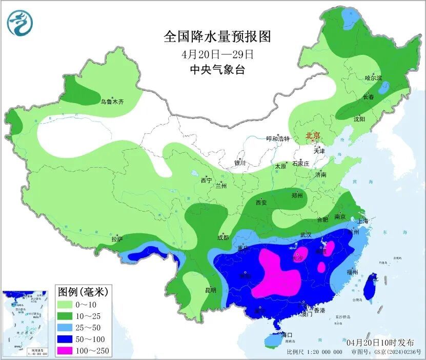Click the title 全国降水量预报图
pyautogui.click(x=217, y=37)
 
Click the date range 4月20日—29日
pyautogui.click(x=217, y=54)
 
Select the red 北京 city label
pyautogui.click(x=313, y=135)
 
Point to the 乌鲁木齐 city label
pyautogui.click(x=112, y=102)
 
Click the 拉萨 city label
pyautogui.click(x=117, y=239)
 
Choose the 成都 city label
pyautogui.click(x=222, y=237)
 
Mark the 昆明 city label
pyautogui.click(x=211, y=290)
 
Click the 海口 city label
pyautogui.click(x=287, y=335)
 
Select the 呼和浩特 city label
pyautogui.click(x=278, y=139)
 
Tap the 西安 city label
pyautogui.click(x=261, y=203)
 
